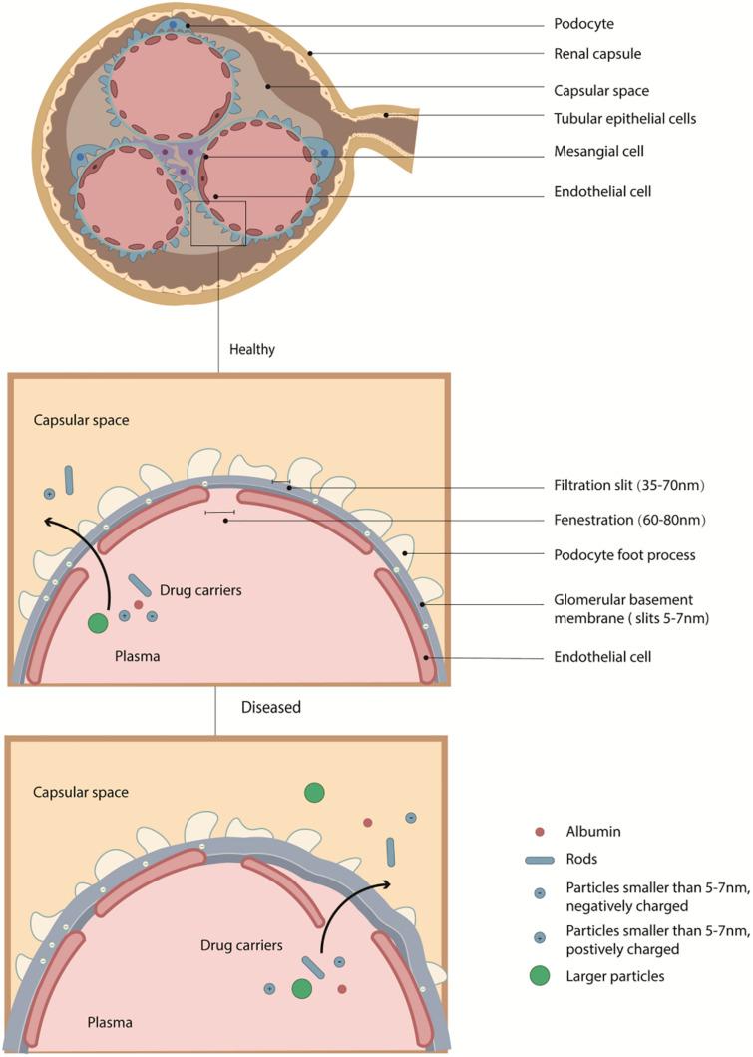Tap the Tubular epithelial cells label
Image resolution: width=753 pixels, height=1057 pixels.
coord(623,118)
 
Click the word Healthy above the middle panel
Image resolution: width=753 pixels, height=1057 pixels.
coord(251,350)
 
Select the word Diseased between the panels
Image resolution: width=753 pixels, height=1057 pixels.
coord(271,708)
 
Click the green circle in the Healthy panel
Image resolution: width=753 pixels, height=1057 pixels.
coord(97,623)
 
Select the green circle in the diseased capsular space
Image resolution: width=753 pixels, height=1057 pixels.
coord(314,792)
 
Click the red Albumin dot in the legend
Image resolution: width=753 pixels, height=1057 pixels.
coord(539,831)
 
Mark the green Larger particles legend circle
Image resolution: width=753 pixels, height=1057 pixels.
coord(539,975)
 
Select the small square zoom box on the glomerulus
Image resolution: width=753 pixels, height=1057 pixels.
coord(217,222)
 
